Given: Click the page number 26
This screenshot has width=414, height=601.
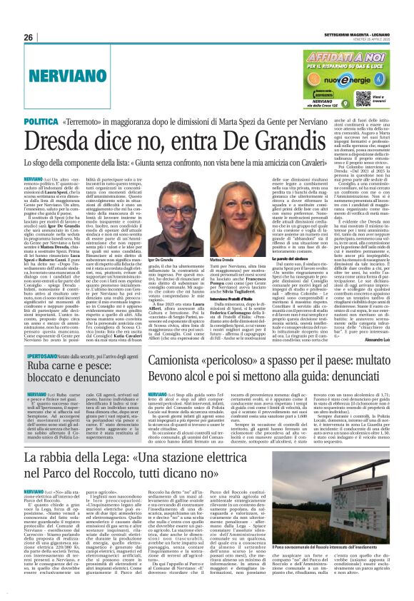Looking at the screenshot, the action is click(28, 37).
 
